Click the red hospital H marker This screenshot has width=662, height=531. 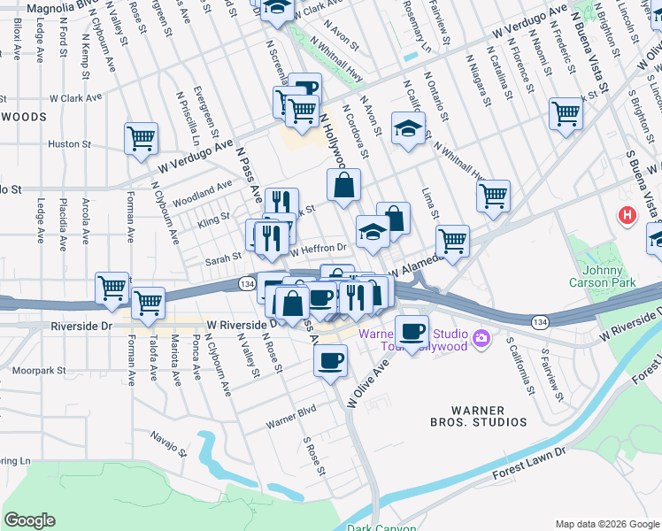(x=627, y=215)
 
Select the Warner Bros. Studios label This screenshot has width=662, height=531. (x=478, y=416)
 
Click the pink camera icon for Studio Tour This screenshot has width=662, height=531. (x=481, y=337)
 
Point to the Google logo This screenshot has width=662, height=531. (x=29, y=520)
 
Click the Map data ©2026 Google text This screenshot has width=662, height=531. (x=606, y=524)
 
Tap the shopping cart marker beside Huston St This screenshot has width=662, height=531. (x=141, y=139)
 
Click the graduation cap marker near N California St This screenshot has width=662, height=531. (x=408, y=128)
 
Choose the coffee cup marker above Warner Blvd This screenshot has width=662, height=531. (x=331, y=360)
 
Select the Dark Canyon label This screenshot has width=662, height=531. (x=381, y=527)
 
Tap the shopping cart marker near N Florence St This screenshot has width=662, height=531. (x=566, y=113)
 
